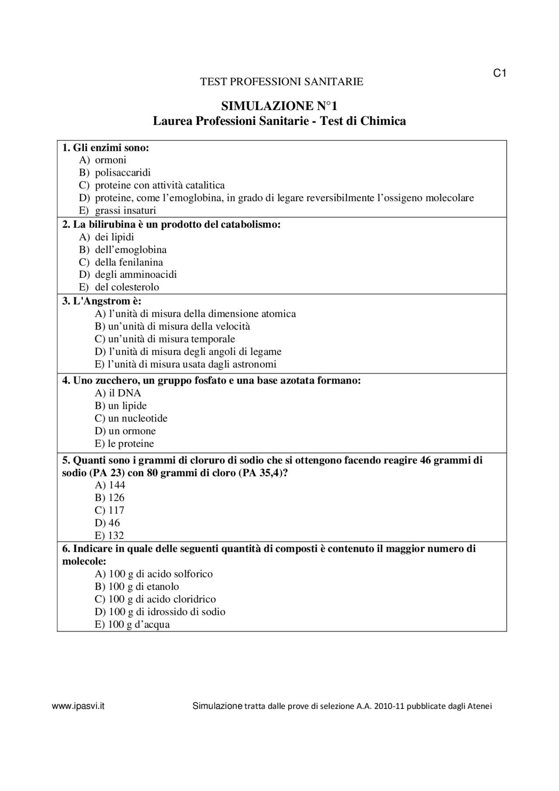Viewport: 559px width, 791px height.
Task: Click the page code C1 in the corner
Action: click(x=500, y=73)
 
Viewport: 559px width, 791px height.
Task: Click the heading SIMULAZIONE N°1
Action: click(x=279, y=106)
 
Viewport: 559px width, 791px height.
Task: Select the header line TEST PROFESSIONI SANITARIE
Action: click(x=281, y=82)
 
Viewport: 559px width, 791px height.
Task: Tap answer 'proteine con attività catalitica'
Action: click(x=159, y=185)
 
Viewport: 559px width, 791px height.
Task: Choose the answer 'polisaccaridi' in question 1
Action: click(x=123, y=173)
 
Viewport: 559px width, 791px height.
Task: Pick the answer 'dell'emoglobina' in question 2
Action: click(x=131, y=250)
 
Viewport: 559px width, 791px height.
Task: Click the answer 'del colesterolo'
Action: click(x=127, y=287)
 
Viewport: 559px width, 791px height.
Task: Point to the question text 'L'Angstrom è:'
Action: click(x=101, y=301)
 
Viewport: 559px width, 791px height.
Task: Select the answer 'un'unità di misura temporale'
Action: click(x=165, y=339)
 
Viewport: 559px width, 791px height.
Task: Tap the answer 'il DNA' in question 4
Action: click(x=118, y=393)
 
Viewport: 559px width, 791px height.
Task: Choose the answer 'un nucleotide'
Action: click(x=131, y=418)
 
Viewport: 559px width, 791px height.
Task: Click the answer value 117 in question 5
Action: click(x=110, y=510)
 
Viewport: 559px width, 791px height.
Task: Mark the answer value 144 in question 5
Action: click(x=110, y=485)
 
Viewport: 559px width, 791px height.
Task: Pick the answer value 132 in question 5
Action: click(x=110, y=535)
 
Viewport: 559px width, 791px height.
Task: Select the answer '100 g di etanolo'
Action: click(x=137, y=587)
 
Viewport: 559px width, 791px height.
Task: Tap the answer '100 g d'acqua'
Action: click(x=132, y=625)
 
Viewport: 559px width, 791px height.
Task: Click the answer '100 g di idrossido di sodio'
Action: click(x=160, y=612)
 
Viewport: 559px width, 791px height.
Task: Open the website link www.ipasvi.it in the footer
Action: click(x=78, y=706)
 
